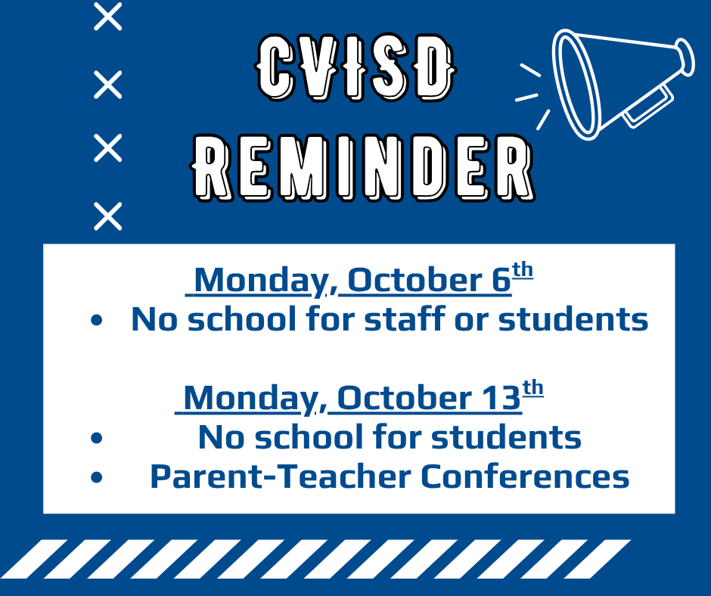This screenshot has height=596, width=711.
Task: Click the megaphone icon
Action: coord(622,85)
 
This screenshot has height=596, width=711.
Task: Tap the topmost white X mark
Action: coord(108,17)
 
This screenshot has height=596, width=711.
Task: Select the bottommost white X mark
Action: coord(108,216)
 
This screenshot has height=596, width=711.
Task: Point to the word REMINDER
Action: coord(363,167)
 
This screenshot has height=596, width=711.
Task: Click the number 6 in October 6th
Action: coord(501,280)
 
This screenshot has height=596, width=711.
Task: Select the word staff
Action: coord(405,318)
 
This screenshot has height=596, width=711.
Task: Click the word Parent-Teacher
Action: coord(280,476)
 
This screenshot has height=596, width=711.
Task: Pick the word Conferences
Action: coord(525,476)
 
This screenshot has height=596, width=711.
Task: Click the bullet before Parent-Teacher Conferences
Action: coord(97,477)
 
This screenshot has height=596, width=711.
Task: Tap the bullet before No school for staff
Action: coord(97,320)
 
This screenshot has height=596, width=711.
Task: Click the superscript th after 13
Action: coord(532,388)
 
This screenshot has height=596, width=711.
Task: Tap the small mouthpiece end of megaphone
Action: coord(685,57)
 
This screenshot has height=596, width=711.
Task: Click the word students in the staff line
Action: coord(573,318)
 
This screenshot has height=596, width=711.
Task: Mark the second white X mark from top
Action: coord(108,85)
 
